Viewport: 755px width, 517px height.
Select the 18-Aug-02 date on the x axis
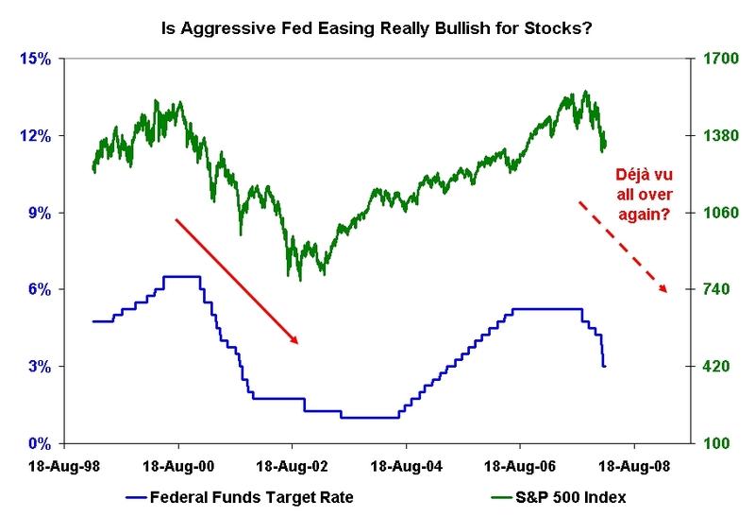293,465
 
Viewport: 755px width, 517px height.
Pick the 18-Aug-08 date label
633,465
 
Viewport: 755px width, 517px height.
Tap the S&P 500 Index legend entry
566,495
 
